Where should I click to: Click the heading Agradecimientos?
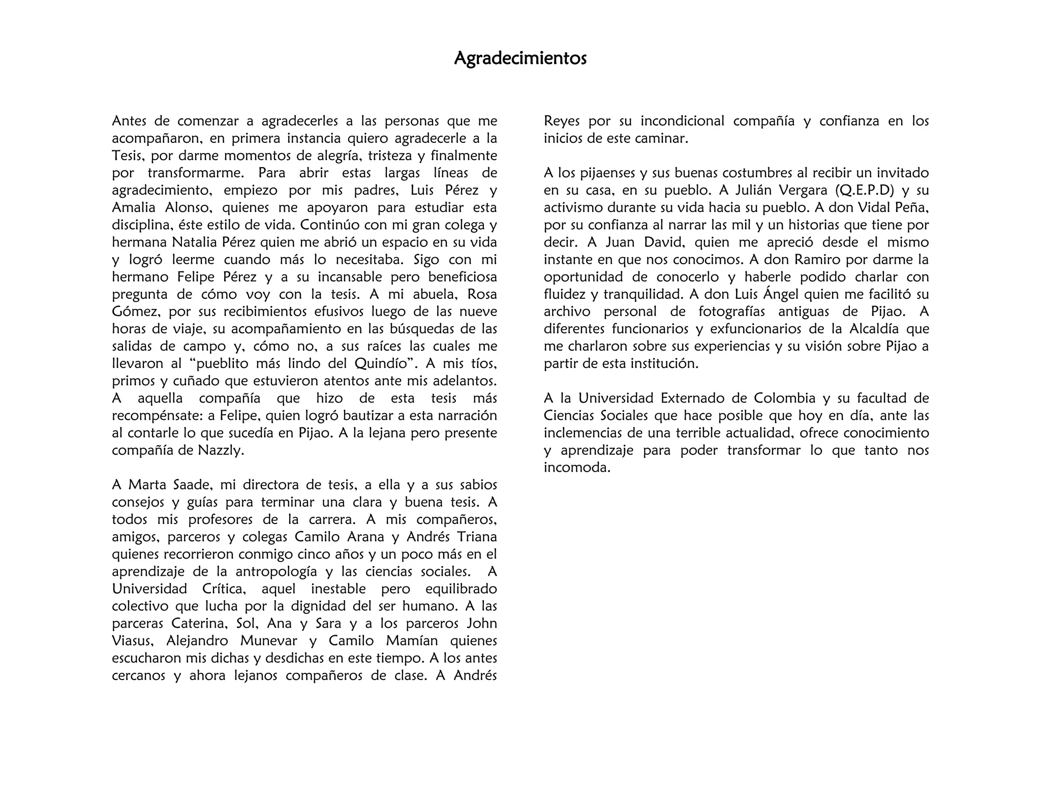tap(520, 58)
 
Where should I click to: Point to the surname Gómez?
tap(135, 312)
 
